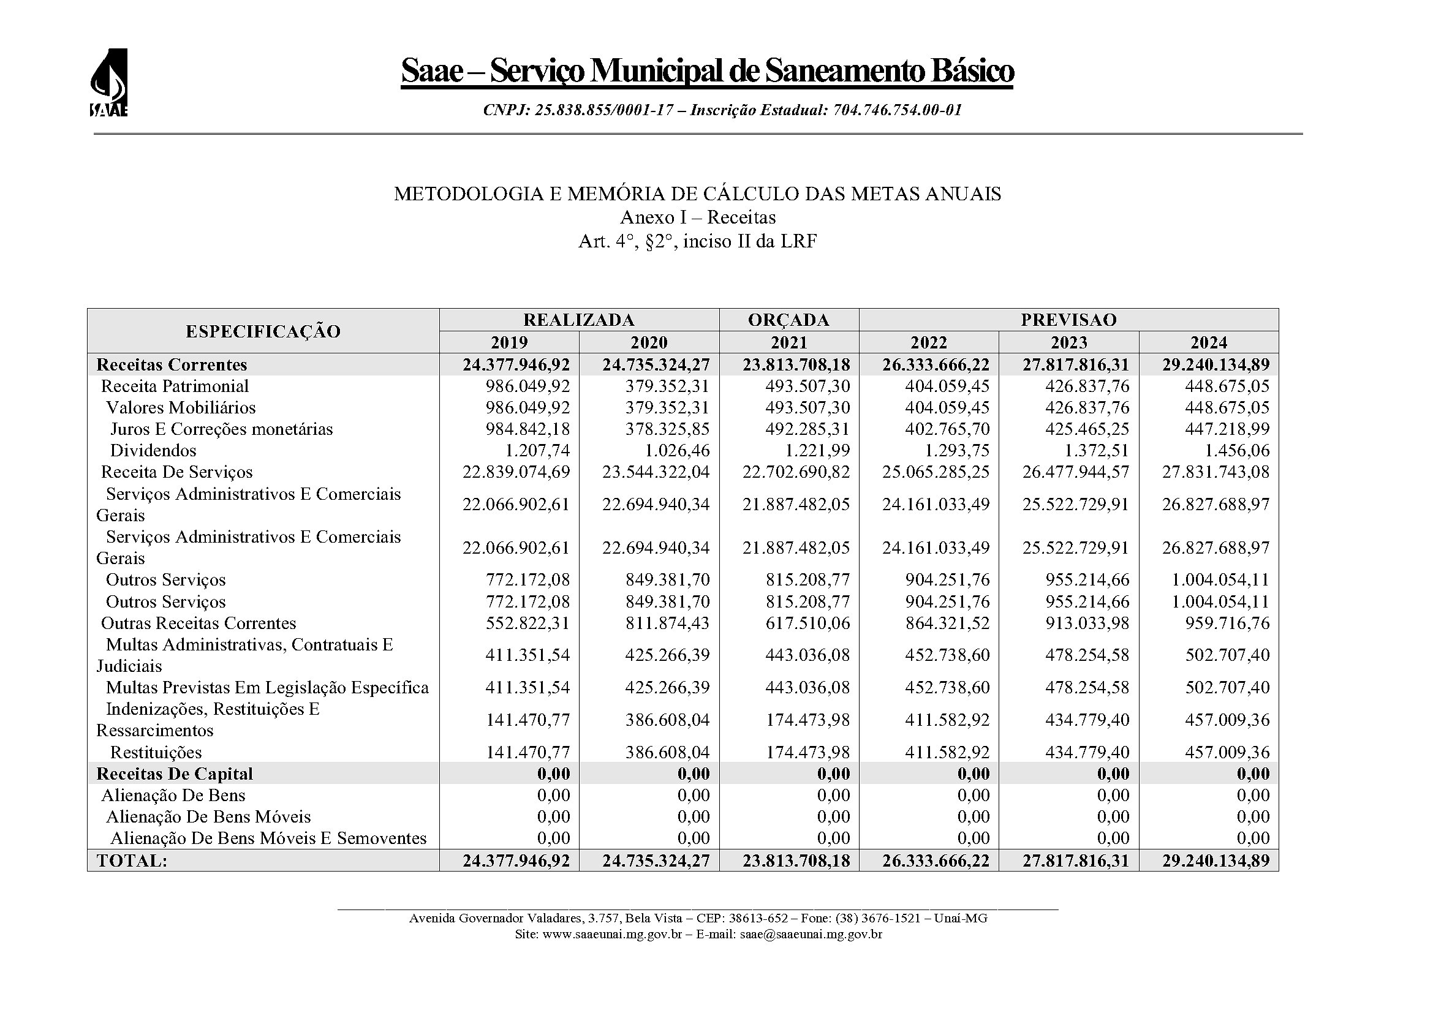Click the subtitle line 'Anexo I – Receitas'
click(697, 217)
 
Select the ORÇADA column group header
click(788, 320)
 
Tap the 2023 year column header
click(1068, 342)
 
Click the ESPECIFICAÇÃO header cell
click(263, 331)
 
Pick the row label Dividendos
click(153, 450)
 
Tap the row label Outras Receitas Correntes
click(199, 623)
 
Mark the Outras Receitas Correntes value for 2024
click(1227, 623)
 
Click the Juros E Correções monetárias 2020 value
click(668, 429)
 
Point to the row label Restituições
click(156, 752)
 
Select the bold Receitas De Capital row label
click(175, 774)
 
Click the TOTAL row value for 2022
click(936, 860)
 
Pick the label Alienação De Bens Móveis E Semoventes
click(268, 838)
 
